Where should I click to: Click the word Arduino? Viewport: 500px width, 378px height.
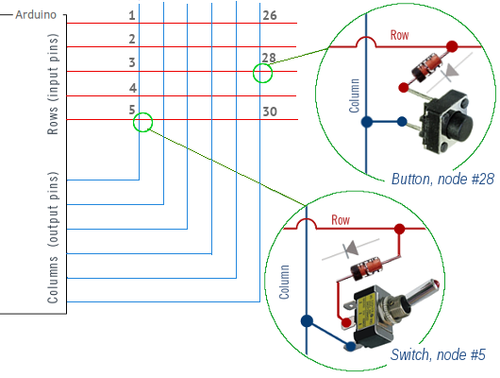36,15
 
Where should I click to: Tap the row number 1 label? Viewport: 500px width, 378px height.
132,15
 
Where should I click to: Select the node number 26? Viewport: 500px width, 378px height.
270,15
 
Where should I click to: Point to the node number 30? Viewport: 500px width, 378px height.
270,112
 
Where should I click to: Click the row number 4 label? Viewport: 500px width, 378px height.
133,88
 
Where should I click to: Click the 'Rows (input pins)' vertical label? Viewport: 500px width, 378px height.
53,84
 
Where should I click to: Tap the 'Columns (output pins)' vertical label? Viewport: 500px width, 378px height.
53,237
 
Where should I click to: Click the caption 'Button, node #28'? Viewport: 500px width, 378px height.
442,179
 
